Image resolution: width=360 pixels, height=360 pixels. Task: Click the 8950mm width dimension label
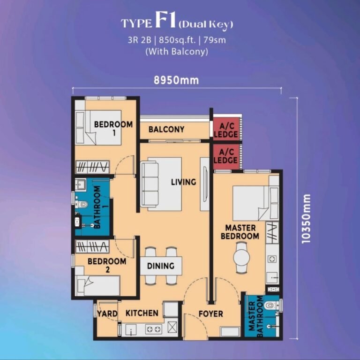[176, 80]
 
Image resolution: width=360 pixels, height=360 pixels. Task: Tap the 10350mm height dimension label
[306, 219]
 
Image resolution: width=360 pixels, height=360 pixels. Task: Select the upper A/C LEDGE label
[225, 130]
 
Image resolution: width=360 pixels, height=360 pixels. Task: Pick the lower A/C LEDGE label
[225, 156]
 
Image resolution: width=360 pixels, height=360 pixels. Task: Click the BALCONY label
[166, 129]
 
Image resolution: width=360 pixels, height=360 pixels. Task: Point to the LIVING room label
[183, 182]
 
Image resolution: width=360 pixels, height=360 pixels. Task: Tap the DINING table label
[161, 266]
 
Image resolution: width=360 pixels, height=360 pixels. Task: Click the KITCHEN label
[142, 313]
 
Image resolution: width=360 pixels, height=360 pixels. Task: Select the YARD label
[107, 314]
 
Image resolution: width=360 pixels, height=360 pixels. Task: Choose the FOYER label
[210, 314]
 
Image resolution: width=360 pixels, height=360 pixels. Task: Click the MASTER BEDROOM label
[240, 232]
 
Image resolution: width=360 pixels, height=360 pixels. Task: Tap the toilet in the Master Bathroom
[271, 306]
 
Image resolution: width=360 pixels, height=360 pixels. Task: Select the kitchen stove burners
[153, 329]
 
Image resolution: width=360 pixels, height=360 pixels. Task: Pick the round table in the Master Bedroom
[241, 258]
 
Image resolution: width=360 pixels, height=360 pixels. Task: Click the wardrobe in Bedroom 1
[92, 167]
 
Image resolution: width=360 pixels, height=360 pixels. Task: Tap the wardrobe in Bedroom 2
[92, 247]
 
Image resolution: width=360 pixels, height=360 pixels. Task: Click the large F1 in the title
[165, 21]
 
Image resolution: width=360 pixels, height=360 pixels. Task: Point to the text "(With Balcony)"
[177, 51]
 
